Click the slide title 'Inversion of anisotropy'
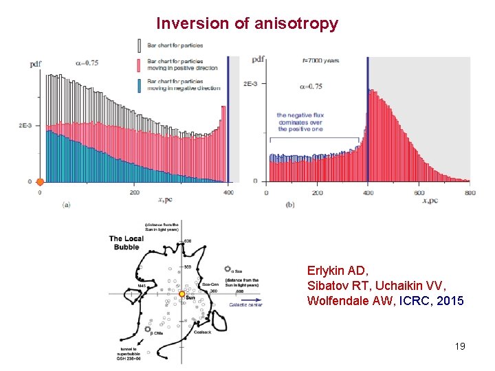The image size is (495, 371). click(247, 23)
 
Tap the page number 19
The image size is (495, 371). click(460, 346)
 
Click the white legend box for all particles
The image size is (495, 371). click(141, 45)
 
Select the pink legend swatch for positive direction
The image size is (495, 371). click(141, 65)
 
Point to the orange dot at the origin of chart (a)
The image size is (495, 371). click(40, 182)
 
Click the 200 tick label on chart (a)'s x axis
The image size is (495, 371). click(134, 193)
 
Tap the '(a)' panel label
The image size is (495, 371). click(66, 204)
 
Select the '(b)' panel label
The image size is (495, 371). click(289, 204)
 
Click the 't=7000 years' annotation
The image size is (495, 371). click(320, 60)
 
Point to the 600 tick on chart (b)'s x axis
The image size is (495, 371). click(419, 193)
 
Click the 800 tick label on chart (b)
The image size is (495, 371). click(468, 193)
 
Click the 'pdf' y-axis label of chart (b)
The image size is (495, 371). click(258, 60)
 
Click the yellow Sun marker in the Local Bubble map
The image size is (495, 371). click(181, 294)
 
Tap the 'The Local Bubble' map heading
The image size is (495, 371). click(126, 243)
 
